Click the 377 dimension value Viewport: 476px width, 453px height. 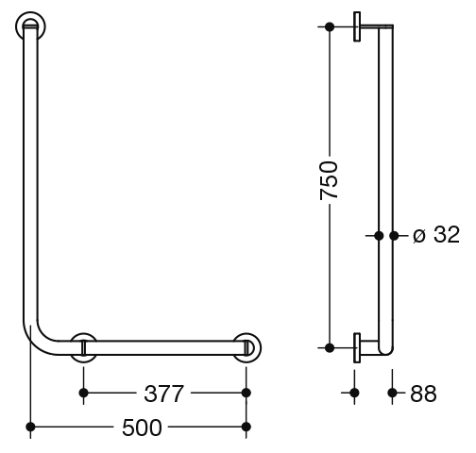(163, 394)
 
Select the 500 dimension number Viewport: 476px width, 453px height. (142, 428)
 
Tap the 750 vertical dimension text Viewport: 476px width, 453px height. (329, 180)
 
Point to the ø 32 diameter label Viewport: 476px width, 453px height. (436, 234)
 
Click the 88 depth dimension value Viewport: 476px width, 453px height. (423, 394)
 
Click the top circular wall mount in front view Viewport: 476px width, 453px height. (30, 26)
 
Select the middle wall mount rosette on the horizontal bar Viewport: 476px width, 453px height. (83, 347)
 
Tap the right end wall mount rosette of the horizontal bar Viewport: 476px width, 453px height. (247, 347)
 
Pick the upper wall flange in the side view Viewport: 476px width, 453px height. (357, 26)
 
